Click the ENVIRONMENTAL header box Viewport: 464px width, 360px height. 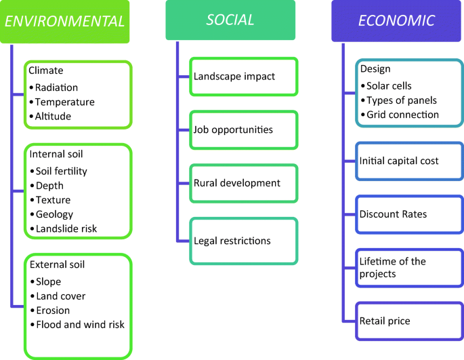(x=64, y=22)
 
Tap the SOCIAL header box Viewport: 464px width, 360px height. (x=230, y=20)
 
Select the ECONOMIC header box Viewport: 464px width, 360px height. (x=396, y=21)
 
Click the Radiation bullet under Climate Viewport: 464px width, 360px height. (x=54, y=87)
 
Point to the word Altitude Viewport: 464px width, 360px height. (x=53, y=116)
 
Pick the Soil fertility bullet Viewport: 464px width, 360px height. (x=58, y=172)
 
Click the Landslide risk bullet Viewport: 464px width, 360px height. (x=63, y=228)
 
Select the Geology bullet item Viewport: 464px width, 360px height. (x=51, y=214)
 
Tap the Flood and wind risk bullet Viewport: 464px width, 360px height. (x=77, y=325)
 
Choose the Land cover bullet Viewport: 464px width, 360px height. (x=58, y=296)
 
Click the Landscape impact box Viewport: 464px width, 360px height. (x=244, y=77)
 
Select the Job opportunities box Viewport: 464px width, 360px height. (x=244, y=130)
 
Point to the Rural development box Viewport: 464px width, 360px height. (x=244, y=184)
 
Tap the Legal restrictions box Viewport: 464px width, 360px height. (x=244, y=241)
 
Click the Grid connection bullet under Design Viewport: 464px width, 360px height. (x=400, y=115)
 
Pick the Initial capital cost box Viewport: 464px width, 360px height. (x=410, y=161)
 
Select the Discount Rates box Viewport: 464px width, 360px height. (x=410, y=214)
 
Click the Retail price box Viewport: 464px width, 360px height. (x=410, y=321)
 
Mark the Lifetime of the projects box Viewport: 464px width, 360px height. (x=410, y=268)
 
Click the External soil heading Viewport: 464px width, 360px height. (x=57, y=264)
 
